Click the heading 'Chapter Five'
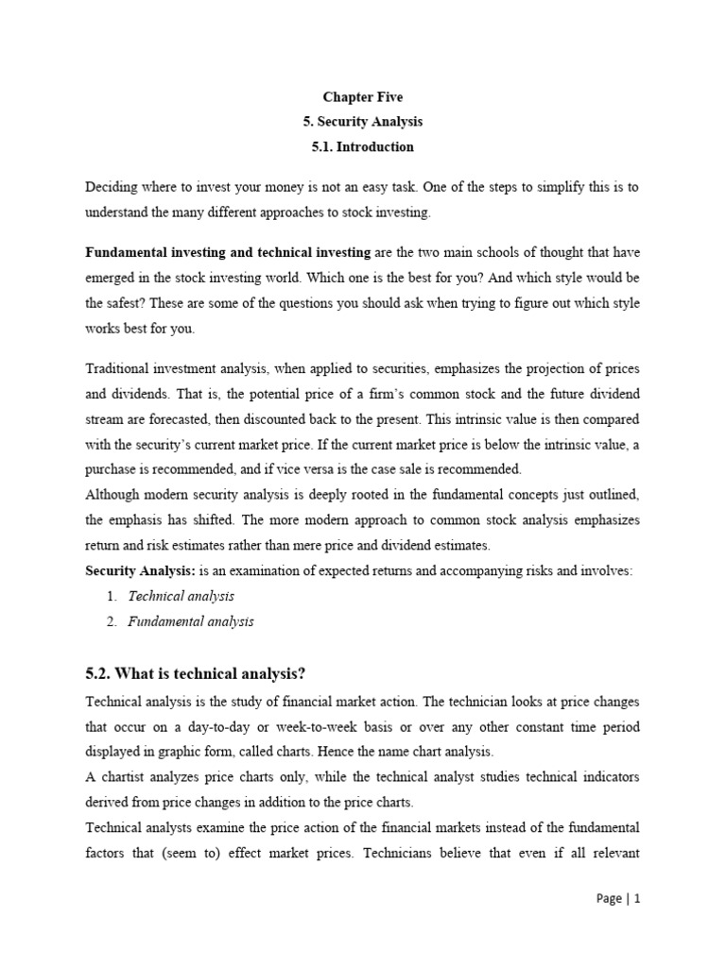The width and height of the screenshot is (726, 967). click(363, 97)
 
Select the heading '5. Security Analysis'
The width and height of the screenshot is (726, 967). click(363, 122)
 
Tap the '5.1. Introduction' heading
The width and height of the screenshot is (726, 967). click(363, 146)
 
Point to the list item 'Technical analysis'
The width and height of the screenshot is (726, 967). click(181, 596)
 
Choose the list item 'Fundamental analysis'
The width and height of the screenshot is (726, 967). click(190, 621)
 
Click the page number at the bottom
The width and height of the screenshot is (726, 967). click(619, 898)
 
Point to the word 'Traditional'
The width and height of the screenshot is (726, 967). click(117, 367)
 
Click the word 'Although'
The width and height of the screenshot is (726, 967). click(112, 494)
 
